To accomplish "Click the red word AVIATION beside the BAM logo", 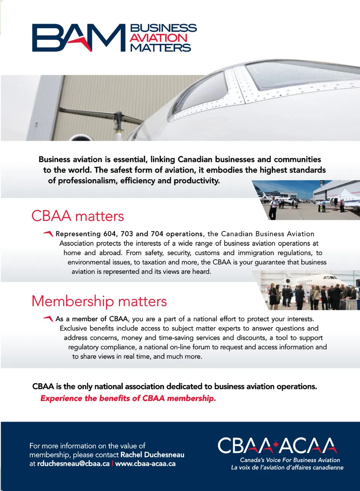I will [x=158, y=38].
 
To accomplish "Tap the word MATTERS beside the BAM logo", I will [x=160, y=48].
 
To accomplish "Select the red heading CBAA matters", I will [x=78, y=216].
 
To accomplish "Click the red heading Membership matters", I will [x=99, y=301].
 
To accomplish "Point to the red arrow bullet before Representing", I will [x=48, y=234].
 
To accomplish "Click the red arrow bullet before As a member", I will [x=48, y=319].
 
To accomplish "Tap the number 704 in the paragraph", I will [x=157, y=234].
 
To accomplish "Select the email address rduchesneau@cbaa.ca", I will [x=73, y=464].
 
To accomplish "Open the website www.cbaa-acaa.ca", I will [x=145, y=464].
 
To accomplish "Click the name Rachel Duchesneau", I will [x=152, y=455].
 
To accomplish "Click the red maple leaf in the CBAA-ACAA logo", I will [x=276, y=445].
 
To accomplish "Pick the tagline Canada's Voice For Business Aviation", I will [x=290, y=460].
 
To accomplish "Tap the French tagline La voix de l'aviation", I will [x=287, y=467].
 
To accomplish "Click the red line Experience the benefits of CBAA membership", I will [x=128, y=398].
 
